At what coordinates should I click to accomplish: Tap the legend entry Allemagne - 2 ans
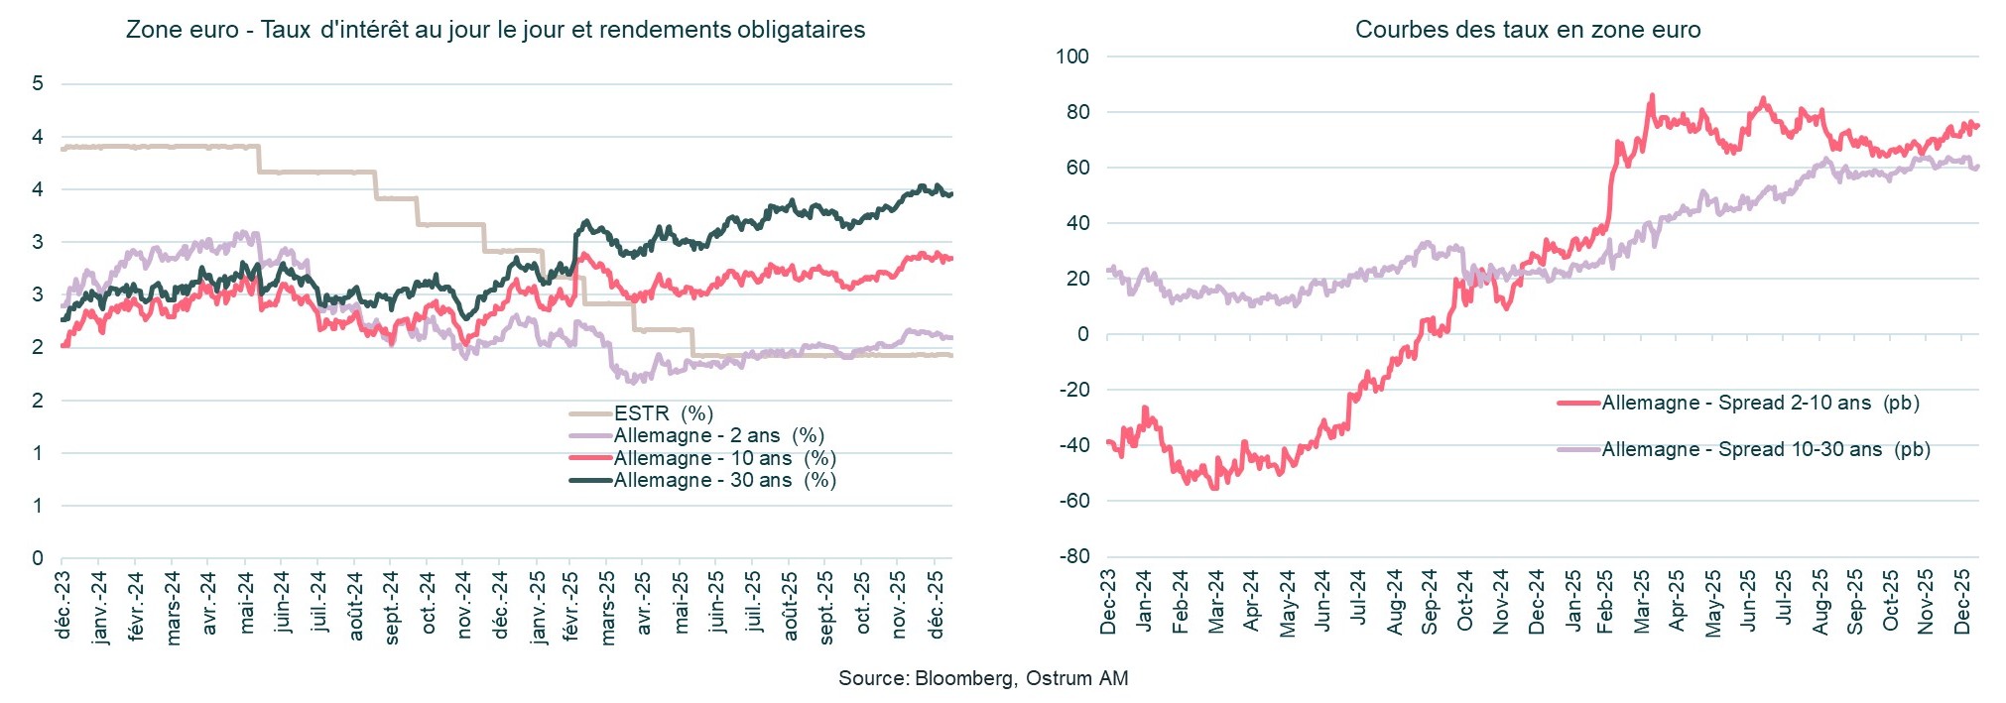pyautogui.click(x=718, y=436)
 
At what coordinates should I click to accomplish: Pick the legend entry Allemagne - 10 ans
pyautogui.click(x=724, y=458)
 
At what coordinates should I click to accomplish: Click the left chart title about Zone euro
pyautogui.click(x=495, y=30)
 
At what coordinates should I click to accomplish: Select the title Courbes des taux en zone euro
pyautogui.click(x=1527, y=30)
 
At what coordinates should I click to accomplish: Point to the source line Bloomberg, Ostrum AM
pyautogui.click(x=982, y=678)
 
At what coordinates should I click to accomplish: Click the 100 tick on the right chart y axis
pyautogui.click(x=1072, y=57)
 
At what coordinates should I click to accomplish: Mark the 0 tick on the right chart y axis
pyautogui.click(x=1082, y=334)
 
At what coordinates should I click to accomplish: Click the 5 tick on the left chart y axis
pyautogui.click(x=38, y=83)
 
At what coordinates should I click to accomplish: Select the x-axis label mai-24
pyautogui.click(x=246, y=601)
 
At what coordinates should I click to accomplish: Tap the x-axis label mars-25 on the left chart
pyautogui.click(x=608, y=607)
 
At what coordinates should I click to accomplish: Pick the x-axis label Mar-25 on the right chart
pyautogui.click(x=1642, y=602)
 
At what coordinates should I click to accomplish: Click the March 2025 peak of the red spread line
pyautogui.click(x=1652, y=96)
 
